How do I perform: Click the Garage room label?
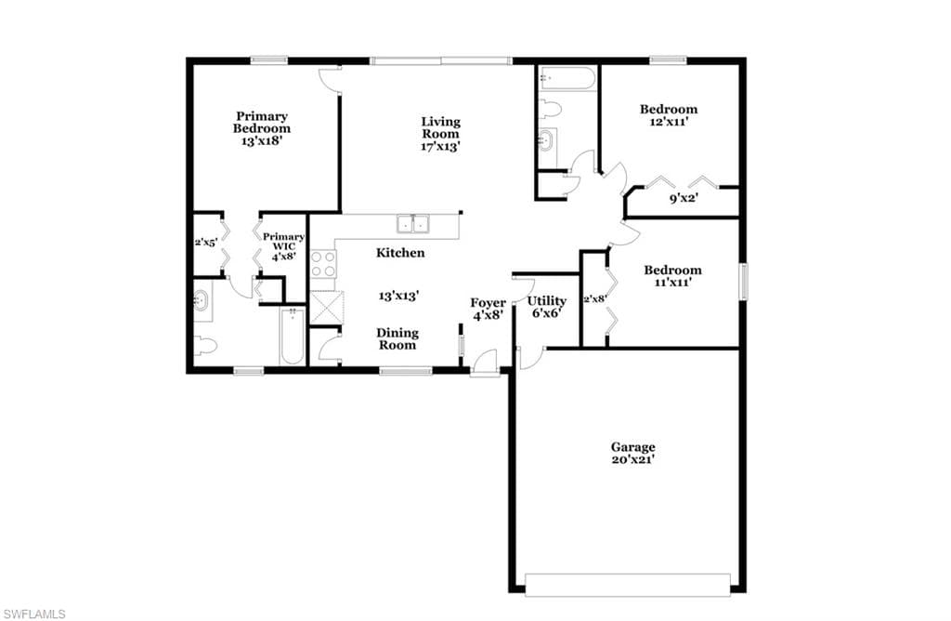pyautogui.click(x=632, y=447)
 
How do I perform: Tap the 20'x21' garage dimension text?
pyautogui.click(x=632, y=460)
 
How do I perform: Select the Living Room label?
pyautogui.click(x=441, y=127)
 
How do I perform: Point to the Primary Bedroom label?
pyautogui.click(x=261, y=122)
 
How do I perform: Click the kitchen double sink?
pyautogui.click(x=413, y=223)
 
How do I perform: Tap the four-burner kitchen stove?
pyautogui.click(x=323, y=264)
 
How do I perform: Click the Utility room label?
pyautogui.click(x=546, y=301)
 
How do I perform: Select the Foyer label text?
pyautogui.click(x=489, y=303)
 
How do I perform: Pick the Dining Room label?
pyautogui.click(x=397, y=338)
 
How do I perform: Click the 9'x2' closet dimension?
pyautogui.click(x=684, y=198)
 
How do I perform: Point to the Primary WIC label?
pyautogui.click(x=284, y=242)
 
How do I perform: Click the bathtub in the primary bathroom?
pyautogui.click(x=293, y=337)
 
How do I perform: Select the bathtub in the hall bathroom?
pyautogui.click(x=567, y=78)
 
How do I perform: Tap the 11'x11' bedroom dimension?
pyautogui.click(x=672, y=283)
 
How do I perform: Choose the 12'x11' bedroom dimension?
pyautogui.click(x=669, y=122)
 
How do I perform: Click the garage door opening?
pyautogui.click(x=628, y=585)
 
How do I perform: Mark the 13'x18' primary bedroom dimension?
pyautogui.click(x=262, y=140)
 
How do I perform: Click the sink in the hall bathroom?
pyautogui.click(x=546, y=139)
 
